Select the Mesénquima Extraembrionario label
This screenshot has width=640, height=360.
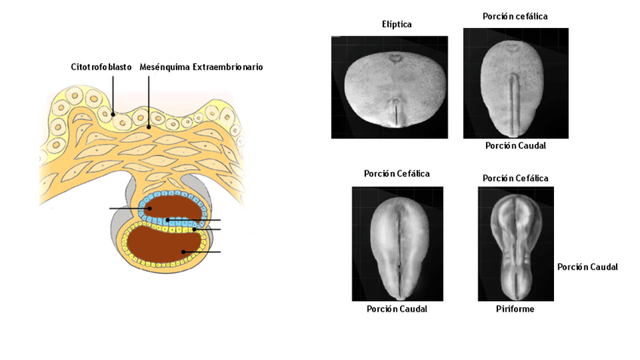click(x=202, y=67)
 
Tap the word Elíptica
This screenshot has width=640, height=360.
click(x=396, y=24)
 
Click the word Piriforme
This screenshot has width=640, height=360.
click(x=515, y=309)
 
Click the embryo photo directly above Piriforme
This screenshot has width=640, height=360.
click(x=515, y=244)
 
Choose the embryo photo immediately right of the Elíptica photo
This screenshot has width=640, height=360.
click(x=515, y=83)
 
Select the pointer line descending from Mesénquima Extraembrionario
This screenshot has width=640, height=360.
click(x=149, y=98)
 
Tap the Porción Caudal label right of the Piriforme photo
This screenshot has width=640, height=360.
click(x=588, y=266)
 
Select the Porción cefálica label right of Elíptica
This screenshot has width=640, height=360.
click(x=515, y=16)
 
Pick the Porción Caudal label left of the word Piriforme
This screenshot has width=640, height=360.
click(x=397, y=309)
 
